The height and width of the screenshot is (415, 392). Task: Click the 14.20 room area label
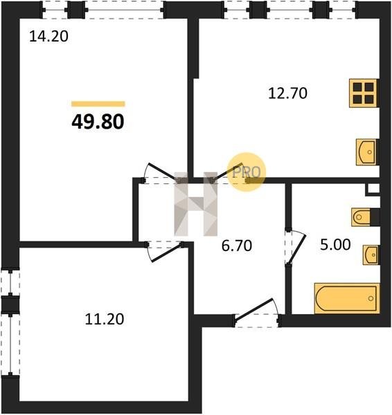pos(48,37)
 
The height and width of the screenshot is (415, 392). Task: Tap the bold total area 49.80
pos(98,122)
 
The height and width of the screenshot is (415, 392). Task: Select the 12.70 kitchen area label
pos(288,93)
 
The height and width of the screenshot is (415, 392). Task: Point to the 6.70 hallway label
pos(237,246)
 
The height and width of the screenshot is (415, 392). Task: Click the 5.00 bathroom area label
pos(335,245)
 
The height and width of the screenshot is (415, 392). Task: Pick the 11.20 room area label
pos(105,319)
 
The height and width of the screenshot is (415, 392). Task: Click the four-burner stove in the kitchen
pos(363,93)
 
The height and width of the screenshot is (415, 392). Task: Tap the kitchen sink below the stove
pos(366,152)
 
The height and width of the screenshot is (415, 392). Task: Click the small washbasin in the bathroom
pos(371,255)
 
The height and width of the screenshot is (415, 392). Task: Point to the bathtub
pos(347,298)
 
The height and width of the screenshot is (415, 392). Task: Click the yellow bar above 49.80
pos(98,104)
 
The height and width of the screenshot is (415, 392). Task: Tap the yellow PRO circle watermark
pos(247,172)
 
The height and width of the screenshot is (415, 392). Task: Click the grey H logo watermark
pos(196,204)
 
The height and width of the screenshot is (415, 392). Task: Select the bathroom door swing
pos(295,247)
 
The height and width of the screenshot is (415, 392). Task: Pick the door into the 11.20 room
pos(163,251)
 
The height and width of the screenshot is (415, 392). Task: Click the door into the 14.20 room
pos(162,173)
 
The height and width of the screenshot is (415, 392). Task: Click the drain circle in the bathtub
pos(371,299)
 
